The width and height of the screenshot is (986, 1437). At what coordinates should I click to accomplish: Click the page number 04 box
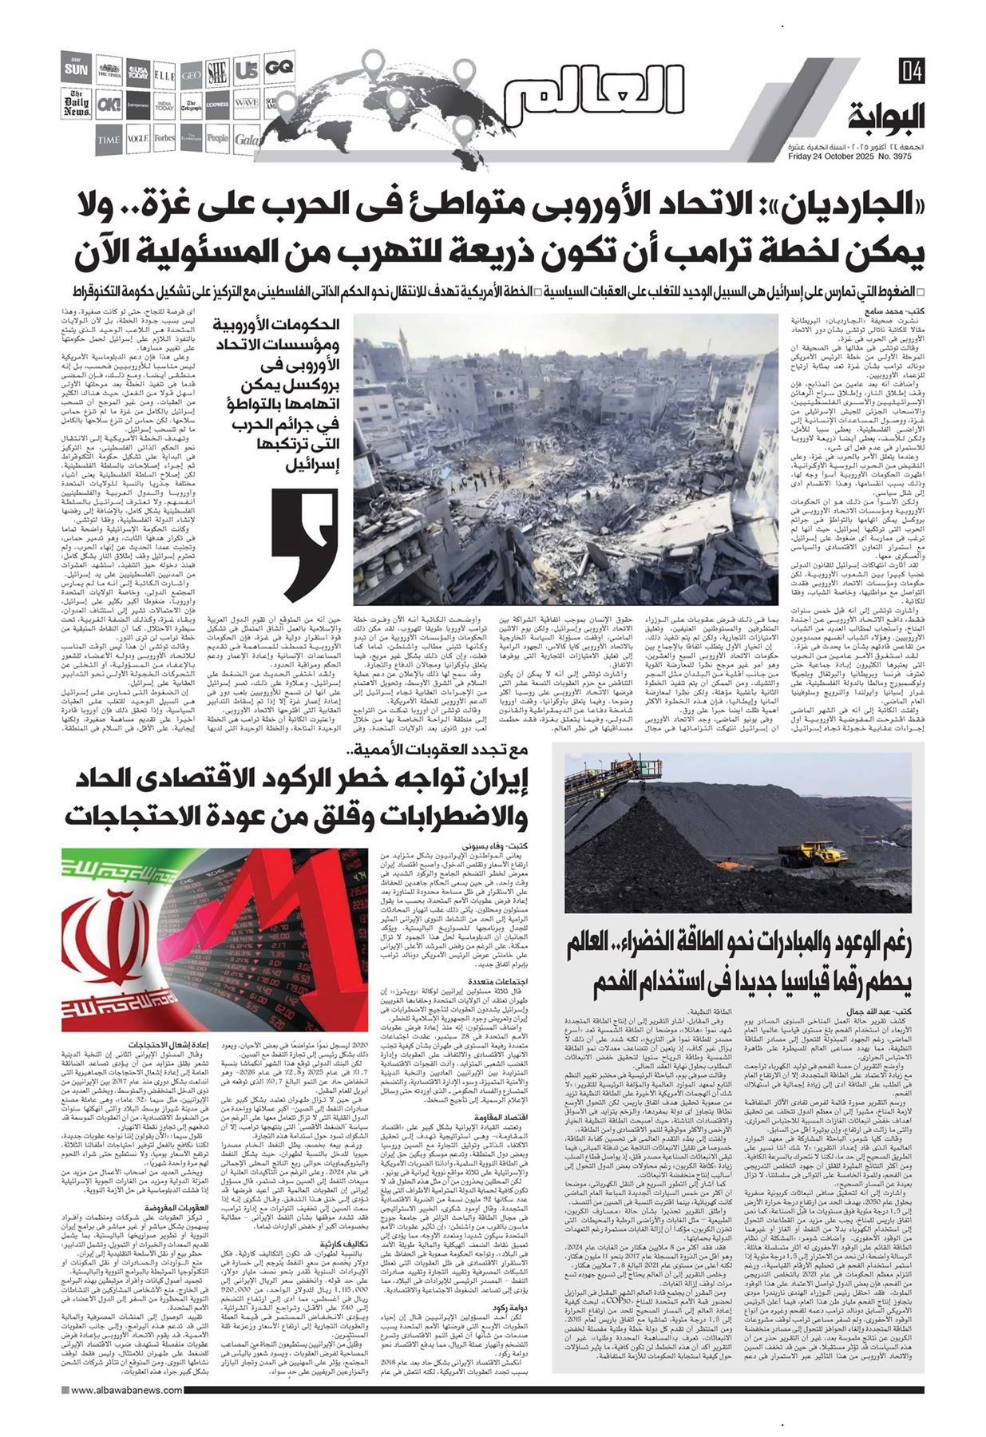click(911, 71)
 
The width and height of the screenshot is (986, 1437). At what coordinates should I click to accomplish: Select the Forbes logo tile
click(164, 138)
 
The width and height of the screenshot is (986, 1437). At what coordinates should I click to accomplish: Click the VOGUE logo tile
click(137, 138)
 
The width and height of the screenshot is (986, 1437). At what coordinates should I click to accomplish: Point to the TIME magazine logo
click(109, 139)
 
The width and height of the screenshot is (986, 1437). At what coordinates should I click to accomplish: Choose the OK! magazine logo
click(109, 105)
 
